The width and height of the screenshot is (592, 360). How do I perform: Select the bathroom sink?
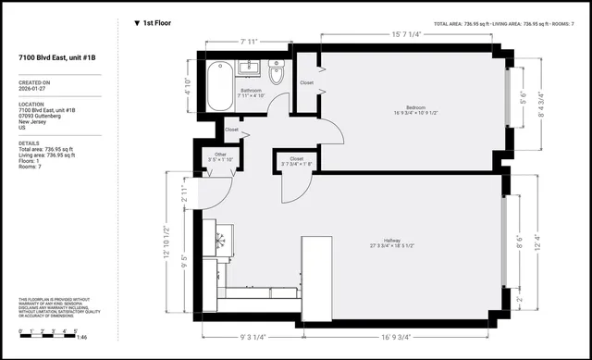[248, 67]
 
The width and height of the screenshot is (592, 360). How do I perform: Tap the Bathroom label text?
[252, 91]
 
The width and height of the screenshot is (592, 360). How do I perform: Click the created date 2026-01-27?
[35, 90]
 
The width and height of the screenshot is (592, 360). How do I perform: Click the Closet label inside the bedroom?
[306, 82]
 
